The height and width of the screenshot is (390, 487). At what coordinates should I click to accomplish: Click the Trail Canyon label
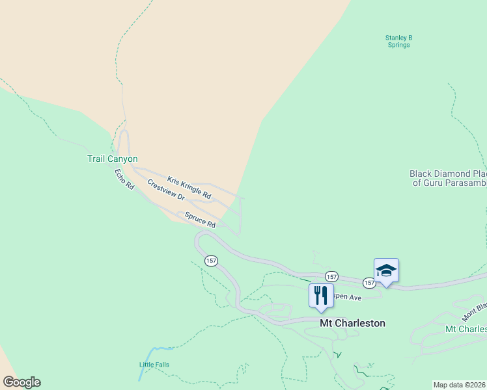point(113,159)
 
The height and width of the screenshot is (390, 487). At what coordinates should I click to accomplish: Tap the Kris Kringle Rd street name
point(189,187)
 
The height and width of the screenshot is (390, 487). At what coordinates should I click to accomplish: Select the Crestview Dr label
point(166,189)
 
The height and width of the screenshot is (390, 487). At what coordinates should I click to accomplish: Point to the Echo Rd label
point(124,179)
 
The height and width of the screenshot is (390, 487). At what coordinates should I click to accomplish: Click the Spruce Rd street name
point(200,220)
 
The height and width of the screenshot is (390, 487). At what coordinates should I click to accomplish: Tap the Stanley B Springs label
point(398,42)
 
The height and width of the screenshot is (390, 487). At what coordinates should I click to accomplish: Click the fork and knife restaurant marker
point(321,296)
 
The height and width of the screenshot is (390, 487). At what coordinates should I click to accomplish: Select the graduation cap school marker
point(386,270)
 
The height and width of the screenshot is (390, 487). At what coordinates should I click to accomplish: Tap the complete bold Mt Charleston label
point(352,323)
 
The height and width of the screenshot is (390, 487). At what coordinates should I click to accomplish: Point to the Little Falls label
point(154,365)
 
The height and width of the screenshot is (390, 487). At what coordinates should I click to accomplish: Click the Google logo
point(21,382)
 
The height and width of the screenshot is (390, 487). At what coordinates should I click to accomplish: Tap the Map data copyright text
point(460,385)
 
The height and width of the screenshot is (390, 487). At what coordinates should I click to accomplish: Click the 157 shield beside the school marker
point(369,283)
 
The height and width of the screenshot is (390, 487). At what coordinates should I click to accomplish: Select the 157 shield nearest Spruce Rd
point(211,261)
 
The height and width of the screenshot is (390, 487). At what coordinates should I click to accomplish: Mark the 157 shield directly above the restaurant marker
point(331,276)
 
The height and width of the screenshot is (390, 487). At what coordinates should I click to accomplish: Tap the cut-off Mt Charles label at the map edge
point(466,329)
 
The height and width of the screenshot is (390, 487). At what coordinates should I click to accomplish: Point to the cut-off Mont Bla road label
point(475,311)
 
